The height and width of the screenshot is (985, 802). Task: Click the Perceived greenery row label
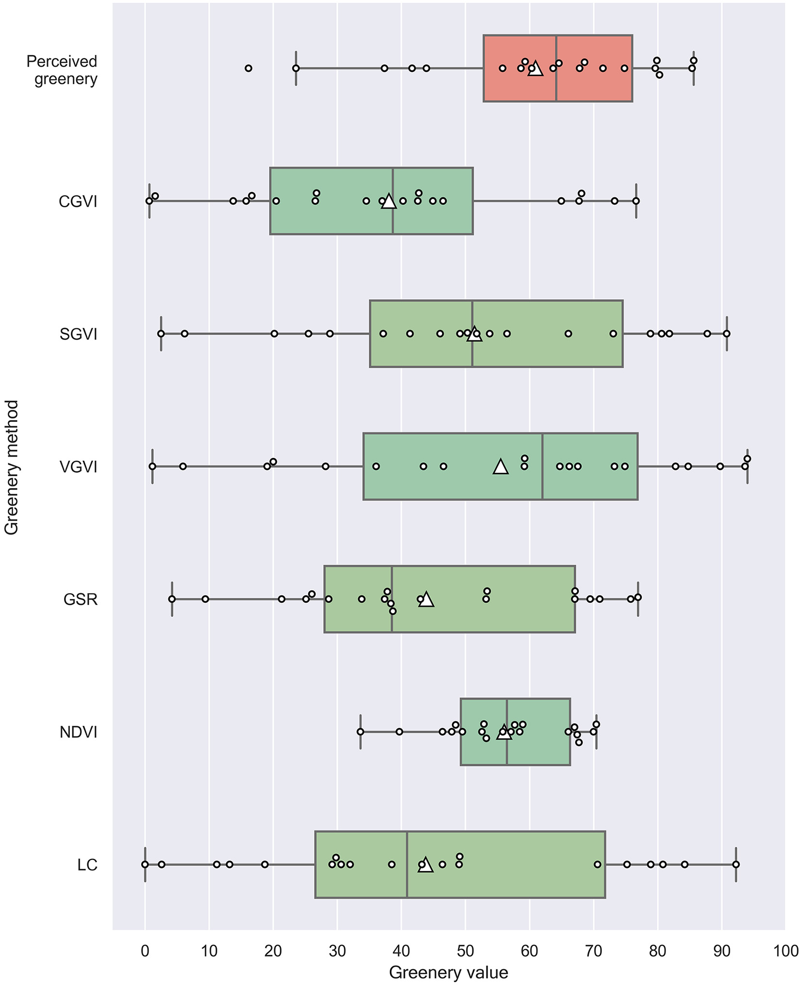point(62,70)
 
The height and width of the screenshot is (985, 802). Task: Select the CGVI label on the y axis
point(78,201)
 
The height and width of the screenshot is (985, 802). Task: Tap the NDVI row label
point(79,732)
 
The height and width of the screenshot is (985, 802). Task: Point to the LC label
point(87,865)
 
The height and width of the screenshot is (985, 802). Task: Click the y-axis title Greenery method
point(12,467)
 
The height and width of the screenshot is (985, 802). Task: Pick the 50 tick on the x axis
point(465,950)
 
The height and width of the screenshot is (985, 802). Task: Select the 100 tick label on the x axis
point(786,950)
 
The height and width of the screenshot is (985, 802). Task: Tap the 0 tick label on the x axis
point(145,950)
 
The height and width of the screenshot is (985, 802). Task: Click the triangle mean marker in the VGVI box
point(500,467)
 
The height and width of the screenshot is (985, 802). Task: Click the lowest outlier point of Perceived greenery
point(248,68)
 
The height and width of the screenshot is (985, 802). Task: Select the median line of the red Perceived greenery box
point(556,68)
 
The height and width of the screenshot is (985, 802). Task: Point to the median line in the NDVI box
point(507,732)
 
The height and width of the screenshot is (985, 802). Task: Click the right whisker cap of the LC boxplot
point(736,864)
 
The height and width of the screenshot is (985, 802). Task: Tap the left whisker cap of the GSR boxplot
point(172,599)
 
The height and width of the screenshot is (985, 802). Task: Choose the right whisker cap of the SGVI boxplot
point(726,334)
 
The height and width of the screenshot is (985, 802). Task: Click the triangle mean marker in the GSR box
point(426,600)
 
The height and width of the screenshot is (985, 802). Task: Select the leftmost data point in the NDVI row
point(360,731)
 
